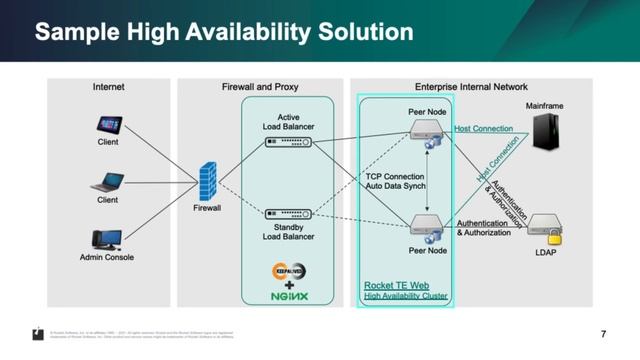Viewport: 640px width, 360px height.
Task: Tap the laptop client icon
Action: [107, 183]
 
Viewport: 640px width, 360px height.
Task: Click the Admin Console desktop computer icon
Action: [106, 240]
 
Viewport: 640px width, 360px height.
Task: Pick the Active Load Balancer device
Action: [287, 142]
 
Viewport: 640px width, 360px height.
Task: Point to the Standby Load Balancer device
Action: [287, 213]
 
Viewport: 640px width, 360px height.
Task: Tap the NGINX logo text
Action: [287, 295]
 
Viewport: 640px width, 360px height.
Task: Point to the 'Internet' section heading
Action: [108, 87]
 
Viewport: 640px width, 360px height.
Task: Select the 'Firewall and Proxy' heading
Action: [260, 87]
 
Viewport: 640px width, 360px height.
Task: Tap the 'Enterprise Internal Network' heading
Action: [471, 87]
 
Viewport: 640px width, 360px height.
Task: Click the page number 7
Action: [603, 333]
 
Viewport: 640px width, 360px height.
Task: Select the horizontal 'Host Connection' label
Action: [483, 128]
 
